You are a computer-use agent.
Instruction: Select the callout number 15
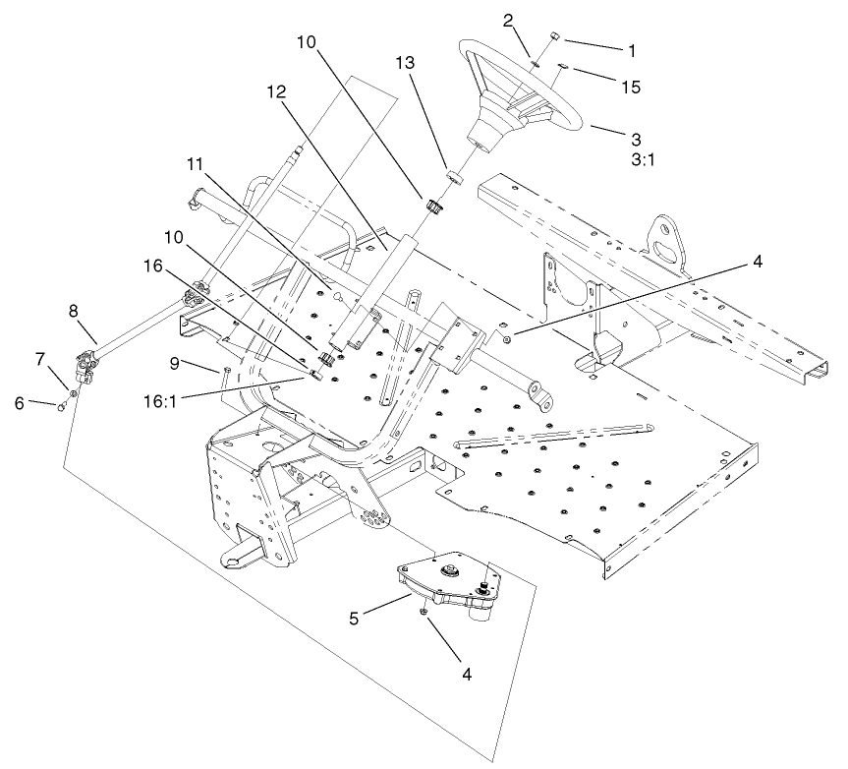point(630,88)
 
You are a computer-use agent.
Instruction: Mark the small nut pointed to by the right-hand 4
point(504,339)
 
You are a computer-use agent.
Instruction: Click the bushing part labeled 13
point(454,177)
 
